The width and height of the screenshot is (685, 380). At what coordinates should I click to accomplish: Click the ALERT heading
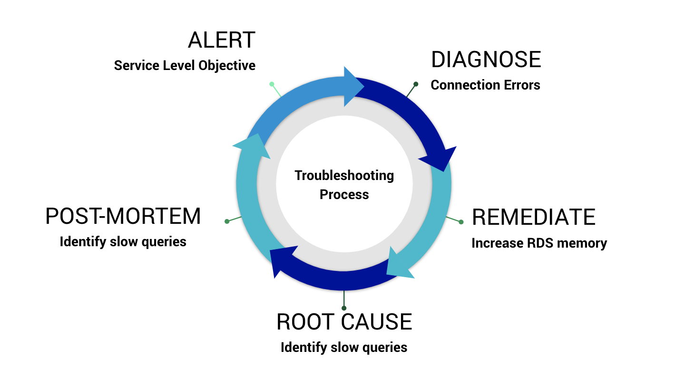click(x=222, y=40)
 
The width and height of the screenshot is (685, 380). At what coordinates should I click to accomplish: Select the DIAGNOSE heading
click(x=486, y=60)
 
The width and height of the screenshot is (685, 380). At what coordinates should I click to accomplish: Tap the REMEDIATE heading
click(x=533, y=217)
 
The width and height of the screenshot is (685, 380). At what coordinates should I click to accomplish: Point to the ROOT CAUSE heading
click(x=344, y=322)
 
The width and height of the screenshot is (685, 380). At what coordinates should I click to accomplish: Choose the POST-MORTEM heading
click(x=123, y=217)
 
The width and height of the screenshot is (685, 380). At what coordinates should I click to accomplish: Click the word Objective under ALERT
click(x=227, y=65)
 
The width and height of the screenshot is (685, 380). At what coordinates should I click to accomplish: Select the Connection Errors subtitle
click(x=485, y=85)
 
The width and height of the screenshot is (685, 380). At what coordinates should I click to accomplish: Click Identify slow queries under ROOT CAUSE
click(x=344, y=348)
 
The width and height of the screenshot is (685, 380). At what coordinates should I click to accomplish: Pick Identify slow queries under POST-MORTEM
click(x=123, y=242)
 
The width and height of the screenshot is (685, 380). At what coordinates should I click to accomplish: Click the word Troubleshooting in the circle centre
click(x=344, y=176)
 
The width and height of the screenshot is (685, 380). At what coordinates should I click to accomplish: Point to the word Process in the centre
click(x=344, y=194)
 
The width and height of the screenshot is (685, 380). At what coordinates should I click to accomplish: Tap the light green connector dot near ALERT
click(x=272, y=84)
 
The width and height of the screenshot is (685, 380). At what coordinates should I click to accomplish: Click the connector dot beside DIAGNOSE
click(x=416, y=84)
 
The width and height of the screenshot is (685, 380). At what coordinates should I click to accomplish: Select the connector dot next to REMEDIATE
click(x=461, y=221)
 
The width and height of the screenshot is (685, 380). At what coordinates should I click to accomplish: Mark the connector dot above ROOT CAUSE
click(x=344, y=308)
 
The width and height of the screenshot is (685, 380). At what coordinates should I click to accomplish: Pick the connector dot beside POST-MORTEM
click(x=227, y=221)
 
